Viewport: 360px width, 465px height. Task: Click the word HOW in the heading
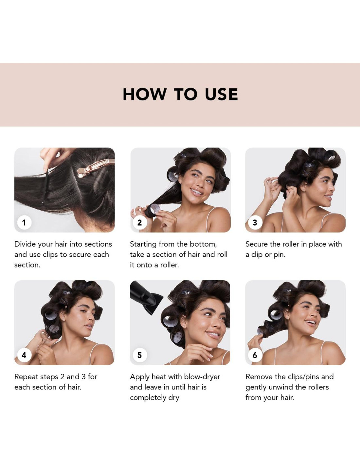click(x=145, y=94)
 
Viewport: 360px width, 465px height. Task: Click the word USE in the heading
click(x=222, y=94)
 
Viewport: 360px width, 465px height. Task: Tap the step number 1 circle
click(x=24, y=222)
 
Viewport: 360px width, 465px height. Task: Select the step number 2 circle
click(x=140, y=222)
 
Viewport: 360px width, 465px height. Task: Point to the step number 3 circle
click(x=255, y=222)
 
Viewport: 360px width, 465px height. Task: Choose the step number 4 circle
click(x=24, y=355)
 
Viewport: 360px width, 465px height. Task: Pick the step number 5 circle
click(x=140, y=355)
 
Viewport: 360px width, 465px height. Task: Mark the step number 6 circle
click(x=255, y=355)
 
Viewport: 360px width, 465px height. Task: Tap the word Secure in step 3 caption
click(x=257, y=244)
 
